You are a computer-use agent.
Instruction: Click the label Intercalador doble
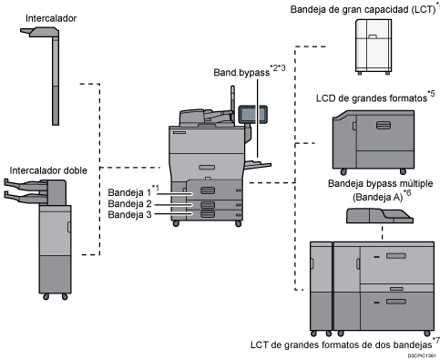tap(48, 170)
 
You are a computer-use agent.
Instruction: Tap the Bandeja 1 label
tap(129, 192)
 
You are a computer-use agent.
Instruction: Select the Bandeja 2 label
tap(129, 203)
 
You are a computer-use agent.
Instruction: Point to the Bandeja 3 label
tap(129, 215)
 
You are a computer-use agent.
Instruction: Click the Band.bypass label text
tap(241, 73)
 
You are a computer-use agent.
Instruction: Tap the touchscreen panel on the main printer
tap(253, 114)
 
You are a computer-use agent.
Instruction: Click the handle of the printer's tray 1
tap(208, 190)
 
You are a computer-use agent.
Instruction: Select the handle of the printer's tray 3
tap(208, 214)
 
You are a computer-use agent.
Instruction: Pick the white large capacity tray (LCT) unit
tap(373, 46)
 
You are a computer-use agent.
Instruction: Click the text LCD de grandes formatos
tap(372, 98)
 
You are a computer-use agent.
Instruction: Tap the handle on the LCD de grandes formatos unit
tap(384, 125)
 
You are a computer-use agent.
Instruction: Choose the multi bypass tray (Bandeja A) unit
tap(380, 216)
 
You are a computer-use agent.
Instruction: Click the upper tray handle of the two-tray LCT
tap(396, 256)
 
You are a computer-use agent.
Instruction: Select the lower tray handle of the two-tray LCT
tap(396, 302)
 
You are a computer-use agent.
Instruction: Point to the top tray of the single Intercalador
tap(40, 31)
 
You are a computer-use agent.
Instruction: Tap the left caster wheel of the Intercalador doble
tap(46, 297)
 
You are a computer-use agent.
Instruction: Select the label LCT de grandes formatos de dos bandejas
tap(342, 345)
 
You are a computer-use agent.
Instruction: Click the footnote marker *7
tap(436, 340)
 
